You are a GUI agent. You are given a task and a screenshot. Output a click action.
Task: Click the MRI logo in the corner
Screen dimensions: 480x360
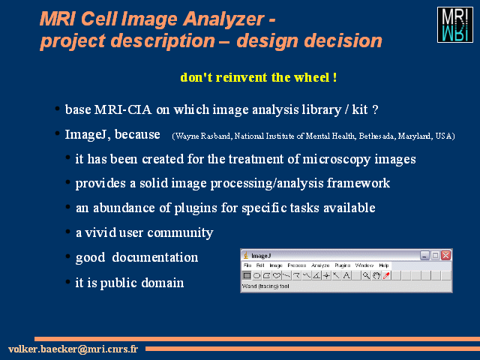[455, 25]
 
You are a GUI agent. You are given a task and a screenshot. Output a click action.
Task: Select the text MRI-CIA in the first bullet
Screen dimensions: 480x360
[123, 109]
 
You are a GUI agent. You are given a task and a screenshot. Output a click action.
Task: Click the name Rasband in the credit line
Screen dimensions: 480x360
[215, 136]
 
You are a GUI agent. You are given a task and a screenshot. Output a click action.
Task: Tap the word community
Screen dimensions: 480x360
[180, 233]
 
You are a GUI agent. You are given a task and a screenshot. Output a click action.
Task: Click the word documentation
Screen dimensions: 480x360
[155, 257]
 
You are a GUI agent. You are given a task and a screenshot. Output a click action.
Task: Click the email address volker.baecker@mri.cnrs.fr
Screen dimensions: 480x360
[73, 349]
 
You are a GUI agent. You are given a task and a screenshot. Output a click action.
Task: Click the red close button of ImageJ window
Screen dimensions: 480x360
[445, 255]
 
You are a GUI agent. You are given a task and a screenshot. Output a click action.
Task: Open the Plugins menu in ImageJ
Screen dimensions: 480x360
[342, 265]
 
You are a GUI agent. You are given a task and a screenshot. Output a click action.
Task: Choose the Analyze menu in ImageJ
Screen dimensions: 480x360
[320, 265]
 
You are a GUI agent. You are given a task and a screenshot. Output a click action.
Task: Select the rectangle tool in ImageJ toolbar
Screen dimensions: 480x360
[247, 276]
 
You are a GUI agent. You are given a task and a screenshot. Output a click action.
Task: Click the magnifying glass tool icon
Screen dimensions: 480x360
[366, 276]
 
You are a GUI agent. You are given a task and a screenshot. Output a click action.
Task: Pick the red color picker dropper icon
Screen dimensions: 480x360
[386, 276]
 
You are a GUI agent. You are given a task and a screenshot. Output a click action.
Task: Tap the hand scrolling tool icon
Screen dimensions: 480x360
[376, 276]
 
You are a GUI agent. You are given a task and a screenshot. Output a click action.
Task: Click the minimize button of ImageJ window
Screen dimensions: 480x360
[424, 255]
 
